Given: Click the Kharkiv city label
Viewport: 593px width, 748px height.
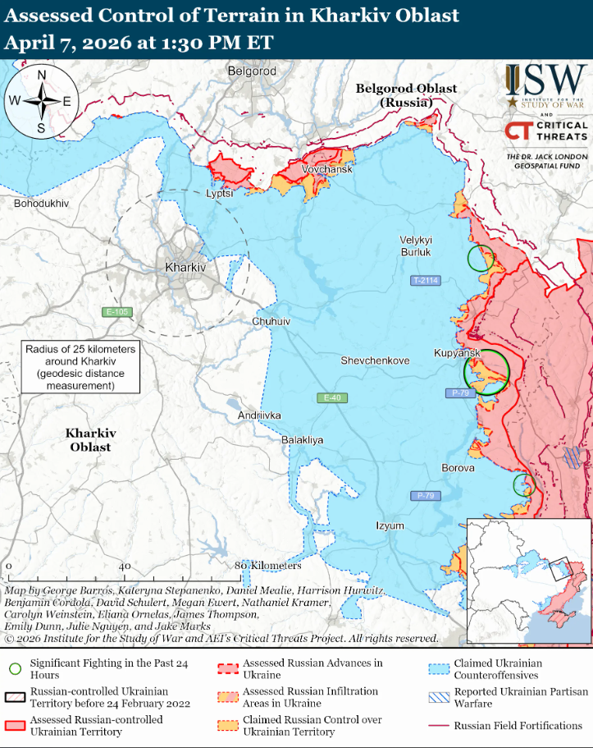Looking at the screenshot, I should [185, 268].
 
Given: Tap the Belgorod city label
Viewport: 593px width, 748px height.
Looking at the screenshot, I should [252, 71].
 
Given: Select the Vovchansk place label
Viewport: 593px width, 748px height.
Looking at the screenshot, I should [326, 169].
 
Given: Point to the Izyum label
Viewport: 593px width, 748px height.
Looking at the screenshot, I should [390, 525].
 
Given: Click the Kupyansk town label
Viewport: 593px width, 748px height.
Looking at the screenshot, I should [456, 352].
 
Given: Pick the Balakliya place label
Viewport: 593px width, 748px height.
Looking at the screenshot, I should [302, 440].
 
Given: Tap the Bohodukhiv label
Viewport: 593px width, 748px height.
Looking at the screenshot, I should [40, 202].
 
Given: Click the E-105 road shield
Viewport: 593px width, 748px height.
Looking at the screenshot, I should [117, 312].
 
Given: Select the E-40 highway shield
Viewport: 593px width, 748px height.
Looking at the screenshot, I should [331, 398].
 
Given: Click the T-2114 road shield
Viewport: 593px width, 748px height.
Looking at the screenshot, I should [426, 281].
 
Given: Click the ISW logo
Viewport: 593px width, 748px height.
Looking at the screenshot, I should [545, 87].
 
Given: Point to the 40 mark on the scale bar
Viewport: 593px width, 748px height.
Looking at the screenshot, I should [125, 567].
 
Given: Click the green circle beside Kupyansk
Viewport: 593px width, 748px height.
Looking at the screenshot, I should [486, 371].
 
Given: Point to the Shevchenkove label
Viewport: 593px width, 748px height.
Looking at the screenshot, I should [375, 360].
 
